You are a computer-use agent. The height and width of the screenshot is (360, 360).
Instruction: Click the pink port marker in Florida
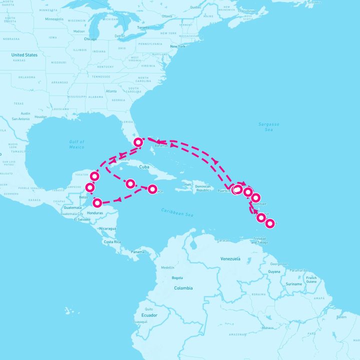(138, 142)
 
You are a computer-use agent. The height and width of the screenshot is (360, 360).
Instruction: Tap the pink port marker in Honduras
(97, 203)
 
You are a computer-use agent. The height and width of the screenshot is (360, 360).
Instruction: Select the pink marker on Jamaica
(153, 189)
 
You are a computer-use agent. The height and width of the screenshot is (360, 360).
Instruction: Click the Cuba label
(145, 168)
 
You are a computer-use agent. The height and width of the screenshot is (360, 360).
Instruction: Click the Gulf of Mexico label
(76, 144)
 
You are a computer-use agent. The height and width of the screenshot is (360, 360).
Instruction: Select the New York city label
(177, 46)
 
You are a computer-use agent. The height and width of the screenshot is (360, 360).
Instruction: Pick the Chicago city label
(90, 38)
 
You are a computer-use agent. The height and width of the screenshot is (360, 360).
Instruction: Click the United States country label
(24, 55)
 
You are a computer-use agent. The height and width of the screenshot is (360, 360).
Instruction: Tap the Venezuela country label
(230, 259)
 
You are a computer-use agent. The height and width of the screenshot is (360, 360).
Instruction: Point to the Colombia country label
(183, 288)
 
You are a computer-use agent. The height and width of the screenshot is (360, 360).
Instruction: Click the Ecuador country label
(149, 315)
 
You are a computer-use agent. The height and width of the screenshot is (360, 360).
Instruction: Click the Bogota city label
(177, 277)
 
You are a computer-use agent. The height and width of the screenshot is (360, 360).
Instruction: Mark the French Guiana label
(311, 280)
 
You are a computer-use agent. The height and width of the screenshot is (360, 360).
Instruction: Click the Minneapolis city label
(54, 19)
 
